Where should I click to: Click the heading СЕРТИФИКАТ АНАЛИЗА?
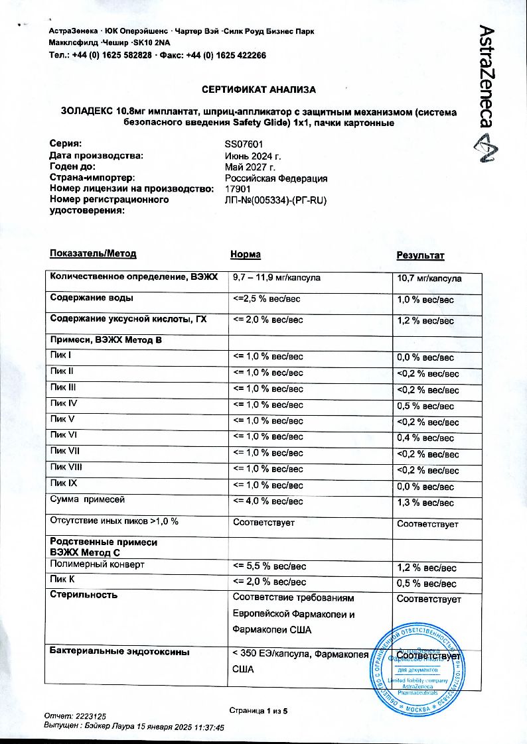point(258,90)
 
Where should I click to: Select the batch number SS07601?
point(246,144)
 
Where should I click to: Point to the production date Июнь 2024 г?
point(254,156)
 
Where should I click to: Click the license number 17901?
point(238,189)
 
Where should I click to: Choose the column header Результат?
point(420,255)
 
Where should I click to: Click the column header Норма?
point(245,255)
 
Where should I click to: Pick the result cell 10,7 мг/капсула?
point(429,278)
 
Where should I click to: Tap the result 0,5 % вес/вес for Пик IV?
point(425,406)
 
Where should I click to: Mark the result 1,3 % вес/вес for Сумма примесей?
point(425,503)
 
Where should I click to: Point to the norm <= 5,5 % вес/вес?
point(269,566)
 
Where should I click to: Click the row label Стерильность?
point(84,595)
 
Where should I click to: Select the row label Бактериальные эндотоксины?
point(120,652)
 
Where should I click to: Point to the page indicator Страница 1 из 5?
point(258,711)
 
